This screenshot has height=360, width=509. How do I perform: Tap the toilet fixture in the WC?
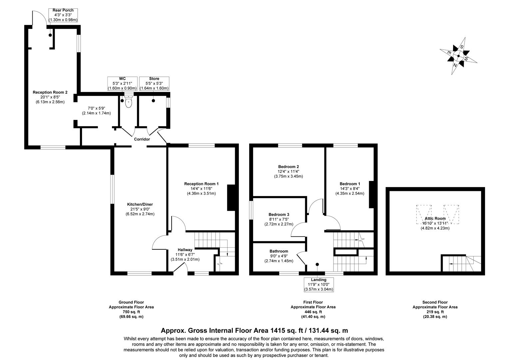pyautogui.click(x=128, y=103)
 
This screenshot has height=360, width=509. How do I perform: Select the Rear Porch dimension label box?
pyautogui.click(x=63, y=15)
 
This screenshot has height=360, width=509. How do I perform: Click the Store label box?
pyautogui.click(x=154, y=84)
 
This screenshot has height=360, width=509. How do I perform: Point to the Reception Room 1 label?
pyautogui.click(x=201, y=184)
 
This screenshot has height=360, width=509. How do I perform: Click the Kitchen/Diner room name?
pyautogui.click(x=140, y=204)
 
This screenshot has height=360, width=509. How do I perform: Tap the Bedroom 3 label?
pyautogui.click(x=279, y=214)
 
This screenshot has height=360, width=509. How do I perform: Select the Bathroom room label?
pyautogui.click(x=279, y=251)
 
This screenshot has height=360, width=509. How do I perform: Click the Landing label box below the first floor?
pyautogui.click(x=318, y=284)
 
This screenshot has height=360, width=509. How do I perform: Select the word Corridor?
pyautogui.click(x=142, y=139)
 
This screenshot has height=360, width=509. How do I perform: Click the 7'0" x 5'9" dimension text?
pyautogui.click(x=96, y=108)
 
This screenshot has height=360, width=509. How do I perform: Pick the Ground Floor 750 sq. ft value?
pyautogui.click(x=131, y=312)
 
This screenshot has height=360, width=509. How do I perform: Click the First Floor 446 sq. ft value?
pyautogui.click(x=313, y=312)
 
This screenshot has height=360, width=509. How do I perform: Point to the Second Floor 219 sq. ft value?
pyautogui.click(x=435, y=312)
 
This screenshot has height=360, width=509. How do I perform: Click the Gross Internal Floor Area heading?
pyautogui.click(x=254, y=331)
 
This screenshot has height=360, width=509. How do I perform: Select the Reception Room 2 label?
pyautogui.click(x=50, y=92)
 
